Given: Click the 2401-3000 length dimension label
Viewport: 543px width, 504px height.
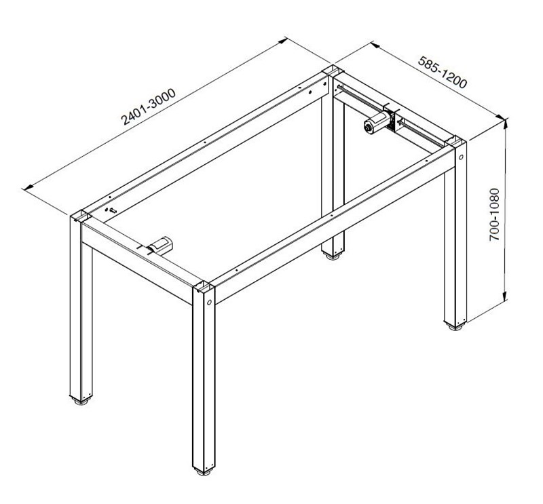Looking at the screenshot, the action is pyautogui.click(x=148, y=106).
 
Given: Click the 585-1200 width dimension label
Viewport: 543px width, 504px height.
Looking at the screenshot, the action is pyautogui.click(x=443, y=72).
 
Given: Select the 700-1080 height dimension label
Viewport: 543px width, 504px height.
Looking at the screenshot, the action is pyautogui.click(x=494, y=214).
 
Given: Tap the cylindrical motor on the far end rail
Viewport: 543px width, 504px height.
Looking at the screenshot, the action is pyautogui.click(x=377, y=123).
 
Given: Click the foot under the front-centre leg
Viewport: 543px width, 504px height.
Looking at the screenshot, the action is pyautogui.click(x=204, y=471).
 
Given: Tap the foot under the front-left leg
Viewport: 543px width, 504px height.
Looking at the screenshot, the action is pyautogui.click(x=81, y=401).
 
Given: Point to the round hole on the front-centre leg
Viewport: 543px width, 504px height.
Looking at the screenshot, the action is pyautogui.click(x=210, y=302).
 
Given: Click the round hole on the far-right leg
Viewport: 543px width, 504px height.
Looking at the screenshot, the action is pyautogui.click(x=461, y=157).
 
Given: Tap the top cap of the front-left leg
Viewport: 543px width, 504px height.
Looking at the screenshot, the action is pyautogui.click(x=81, y=216).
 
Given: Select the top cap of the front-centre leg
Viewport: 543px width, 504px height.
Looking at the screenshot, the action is pyautogui.click(x=204, y=287).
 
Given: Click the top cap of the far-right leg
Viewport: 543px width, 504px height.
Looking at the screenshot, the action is pyautogui.click(x=455, y=142).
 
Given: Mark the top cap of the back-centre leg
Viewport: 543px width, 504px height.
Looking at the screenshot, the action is pyautogui.click(x=333, y=71).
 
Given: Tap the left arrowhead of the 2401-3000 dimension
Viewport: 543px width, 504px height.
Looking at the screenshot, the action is pyautogui.click(x=28, y=187).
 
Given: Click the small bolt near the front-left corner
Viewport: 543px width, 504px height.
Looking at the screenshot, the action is pyautogui.click(x=112, y=210).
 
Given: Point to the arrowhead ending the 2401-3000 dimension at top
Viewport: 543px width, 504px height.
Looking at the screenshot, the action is pyautogui.click(x=282, y=41).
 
